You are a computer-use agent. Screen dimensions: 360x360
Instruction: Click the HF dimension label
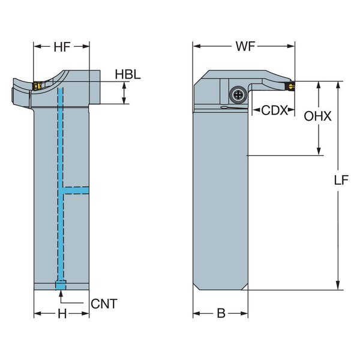61,46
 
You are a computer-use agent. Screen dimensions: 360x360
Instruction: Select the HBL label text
128,75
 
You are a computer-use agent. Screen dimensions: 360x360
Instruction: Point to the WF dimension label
244,46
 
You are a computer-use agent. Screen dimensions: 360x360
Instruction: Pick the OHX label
317,117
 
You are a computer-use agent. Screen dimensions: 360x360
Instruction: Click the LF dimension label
341,180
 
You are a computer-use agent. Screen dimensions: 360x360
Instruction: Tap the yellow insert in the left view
36,86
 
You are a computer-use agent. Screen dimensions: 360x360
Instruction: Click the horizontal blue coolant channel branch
77,190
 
